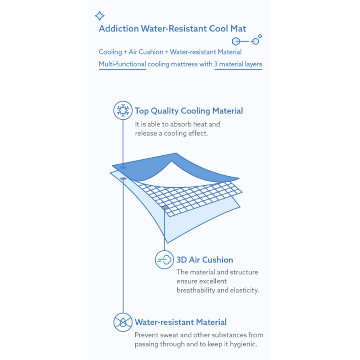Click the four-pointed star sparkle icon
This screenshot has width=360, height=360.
[x=100, y=16]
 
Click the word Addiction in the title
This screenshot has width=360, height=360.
[x=119, y=28]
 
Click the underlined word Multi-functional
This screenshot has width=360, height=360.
[x=122, y=64]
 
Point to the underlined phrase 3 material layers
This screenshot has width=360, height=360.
[x=238, y=64]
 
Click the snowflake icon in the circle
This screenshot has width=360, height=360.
[x=123, y=110]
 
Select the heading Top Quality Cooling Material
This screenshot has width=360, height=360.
[x=189, y=111]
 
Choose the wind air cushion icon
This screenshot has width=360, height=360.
[x=164, y=260]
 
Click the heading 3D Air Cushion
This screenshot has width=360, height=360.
[x=205, y=260]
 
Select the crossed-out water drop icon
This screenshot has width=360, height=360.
[x=123, y=322]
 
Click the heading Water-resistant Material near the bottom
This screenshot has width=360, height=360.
[x=181, y=322]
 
